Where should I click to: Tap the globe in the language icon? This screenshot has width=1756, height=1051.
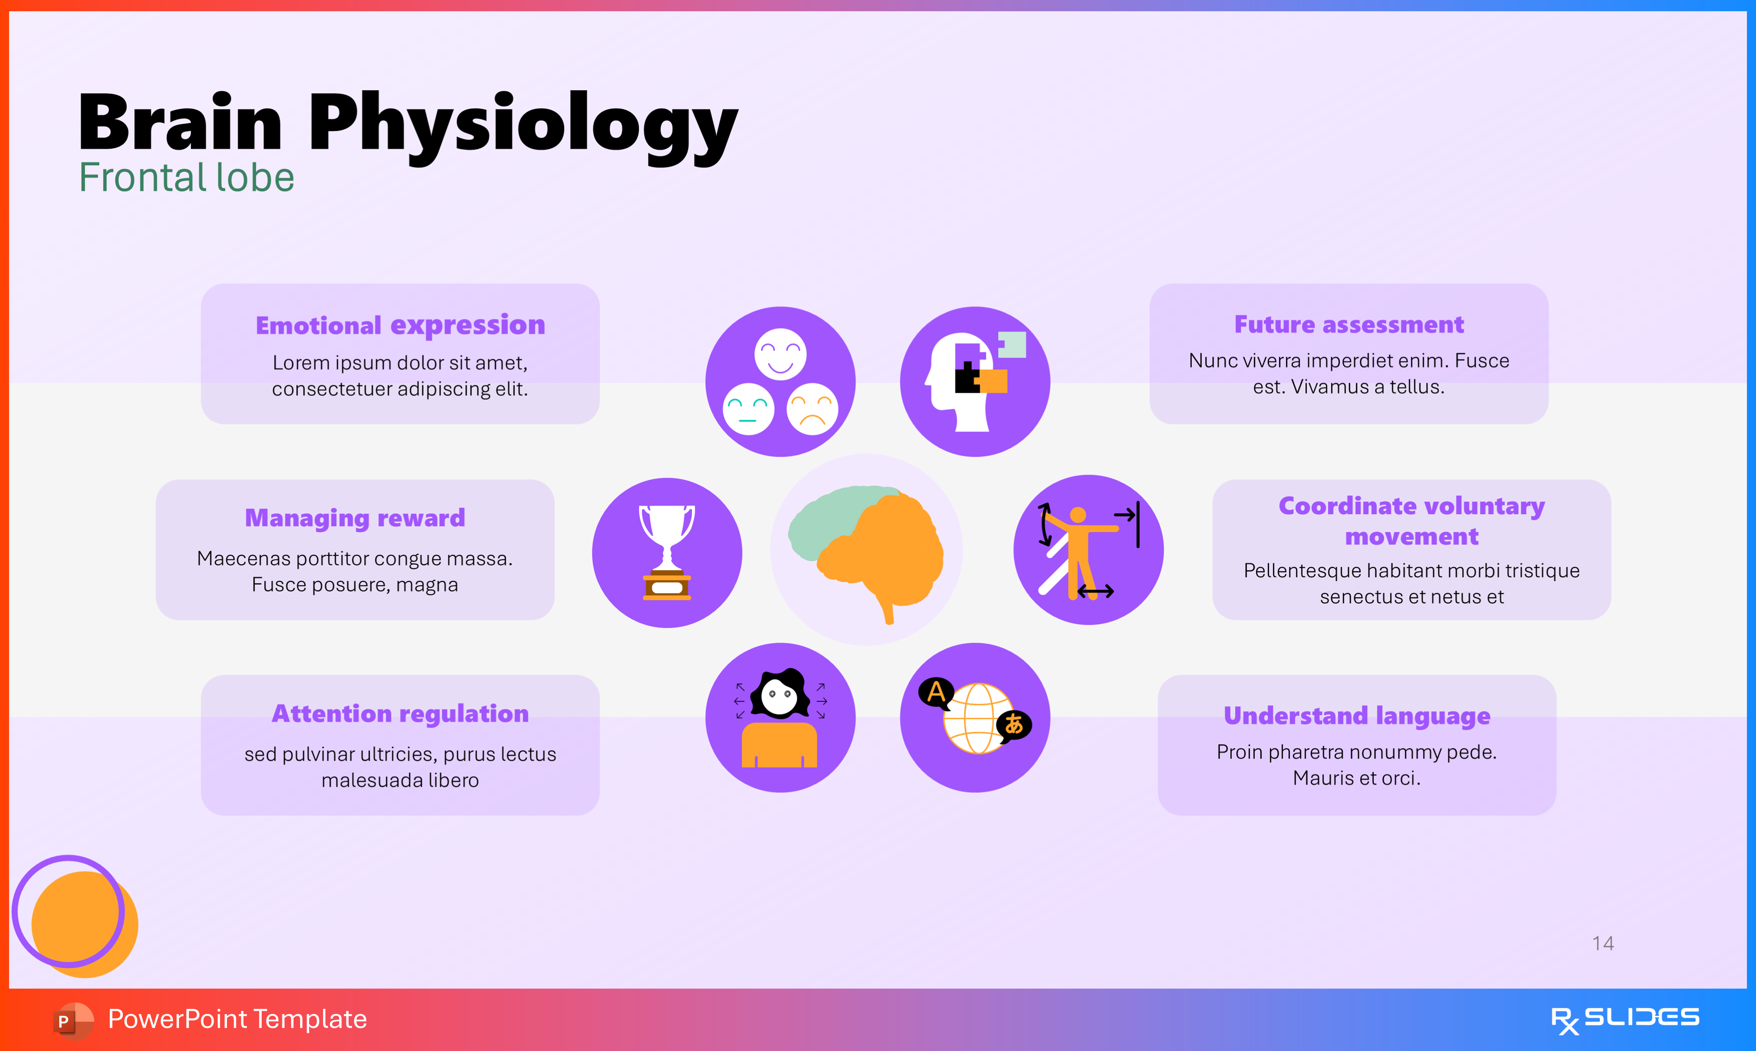[x=978, y=719]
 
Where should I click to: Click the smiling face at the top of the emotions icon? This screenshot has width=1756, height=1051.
[x=780, y=353]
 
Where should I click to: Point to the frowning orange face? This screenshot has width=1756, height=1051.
[x=812, y=409]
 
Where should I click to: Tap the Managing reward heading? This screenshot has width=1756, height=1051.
[x=355, y=518]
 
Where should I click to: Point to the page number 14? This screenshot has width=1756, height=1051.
[x=1602, y=943]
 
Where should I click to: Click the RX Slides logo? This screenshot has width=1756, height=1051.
[x=1625, y=1019]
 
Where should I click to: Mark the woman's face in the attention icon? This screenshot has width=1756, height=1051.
[x=779, y=695]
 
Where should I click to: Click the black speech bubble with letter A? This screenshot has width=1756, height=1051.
[x=936, y=692]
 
